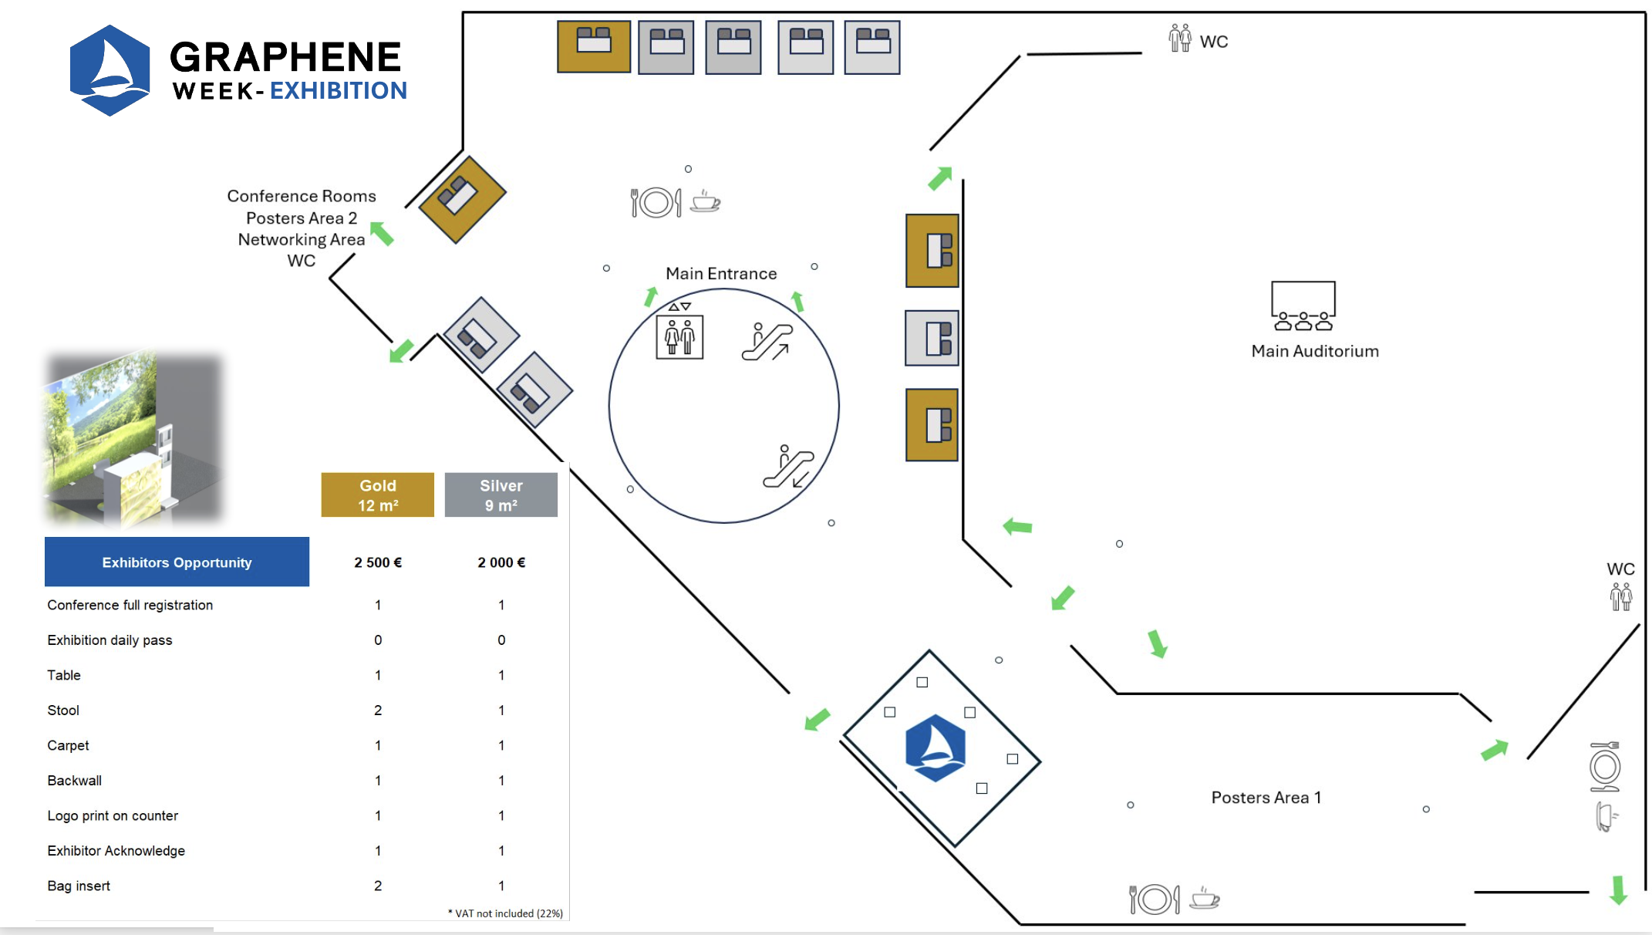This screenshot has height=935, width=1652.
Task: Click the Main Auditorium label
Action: (x=1314, y=351)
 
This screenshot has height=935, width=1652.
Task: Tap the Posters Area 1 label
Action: (x=1266, y=798)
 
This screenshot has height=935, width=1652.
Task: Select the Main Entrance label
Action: (x=721, y=274)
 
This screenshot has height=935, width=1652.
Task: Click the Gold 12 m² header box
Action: (x=377, y=495)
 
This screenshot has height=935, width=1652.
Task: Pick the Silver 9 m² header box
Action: (x=501, y=495)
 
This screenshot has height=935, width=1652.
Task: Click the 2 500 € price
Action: (x=378, y=562)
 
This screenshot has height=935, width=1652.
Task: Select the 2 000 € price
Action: (x=501, y=562)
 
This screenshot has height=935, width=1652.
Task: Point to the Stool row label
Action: (x=63, y=711)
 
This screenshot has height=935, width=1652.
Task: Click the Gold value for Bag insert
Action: (x=378, y=886)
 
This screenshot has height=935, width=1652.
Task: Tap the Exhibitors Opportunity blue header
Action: (x=177, y=562)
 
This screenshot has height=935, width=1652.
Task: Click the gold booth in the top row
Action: (x=594, y=47)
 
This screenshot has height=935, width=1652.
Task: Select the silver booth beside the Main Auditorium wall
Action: (x=932, y=338)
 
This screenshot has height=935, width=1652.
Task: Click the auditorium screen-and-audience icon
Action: (x=1303, y=305)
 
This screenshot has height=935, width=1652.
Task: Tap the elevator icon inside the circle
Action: (x=679, y=336)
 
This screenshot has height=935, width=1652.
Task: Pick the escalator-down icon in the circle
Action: (x=787, y=467)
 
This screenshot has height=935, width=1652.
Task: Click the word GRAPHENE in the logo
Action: (x=285, y=57)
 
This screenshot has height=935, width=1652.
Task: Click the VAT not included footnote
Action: (x=506, y=913)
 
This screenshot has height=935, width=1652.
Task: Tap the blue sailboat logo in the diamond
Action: (x=935, y=748)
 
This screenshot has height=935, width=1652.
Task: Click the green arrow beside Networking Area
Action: (x=382, y=233)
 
